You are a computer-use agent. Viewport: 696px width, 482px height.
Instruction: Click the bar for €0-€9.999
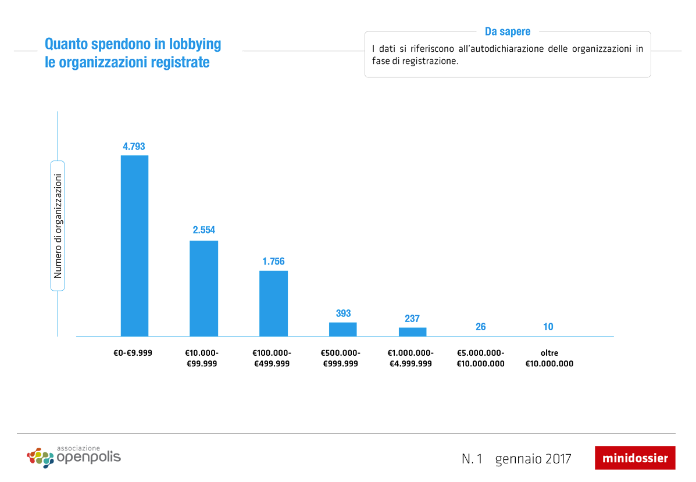134,245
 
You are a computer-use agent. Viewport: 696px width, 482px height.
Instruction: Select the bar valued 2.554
204,288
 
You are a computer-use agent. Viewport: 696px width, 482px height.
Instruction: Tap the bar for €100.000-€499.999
273,304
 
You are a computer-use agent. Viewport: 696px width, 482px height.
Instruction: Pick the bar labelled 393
343,329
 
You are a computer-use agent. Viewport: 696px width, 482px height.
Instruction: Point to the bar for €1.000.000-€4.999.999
412,332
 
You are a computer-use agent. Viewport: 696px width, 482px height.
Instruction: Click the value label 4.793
134,146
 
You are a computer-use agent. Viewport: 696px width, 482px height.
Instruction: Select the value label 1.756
273,262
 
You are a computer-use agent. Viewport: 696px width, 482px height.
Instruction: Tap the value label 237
412,319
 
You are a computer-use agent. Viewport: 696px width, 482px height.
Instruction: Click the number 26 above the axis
481,327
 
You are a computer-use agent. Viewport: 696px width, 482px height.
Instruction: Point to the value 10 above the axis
548,327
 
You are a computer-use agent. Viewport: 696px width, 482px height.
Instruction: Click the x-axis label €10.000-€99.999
202,358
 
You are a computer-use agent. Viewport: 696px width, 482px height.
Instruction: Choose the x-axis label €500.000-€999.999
341,358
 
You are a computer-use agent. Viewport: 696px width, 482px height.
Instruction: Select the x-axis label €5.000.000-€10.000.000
481,358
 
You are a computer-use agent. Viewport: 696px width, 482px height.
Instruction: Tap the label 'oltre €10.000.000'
549,358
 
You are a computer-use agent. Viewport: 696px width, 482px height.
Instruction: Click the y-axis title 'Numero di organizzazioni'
58,225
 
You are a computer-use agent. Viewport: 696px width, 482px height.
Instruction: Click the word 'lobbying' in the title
195,44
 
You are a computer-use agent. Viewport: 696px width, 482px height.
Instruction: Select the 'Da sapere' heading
508,31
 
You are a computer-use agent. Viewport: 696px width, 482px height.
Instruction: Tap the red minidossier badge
635,458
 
